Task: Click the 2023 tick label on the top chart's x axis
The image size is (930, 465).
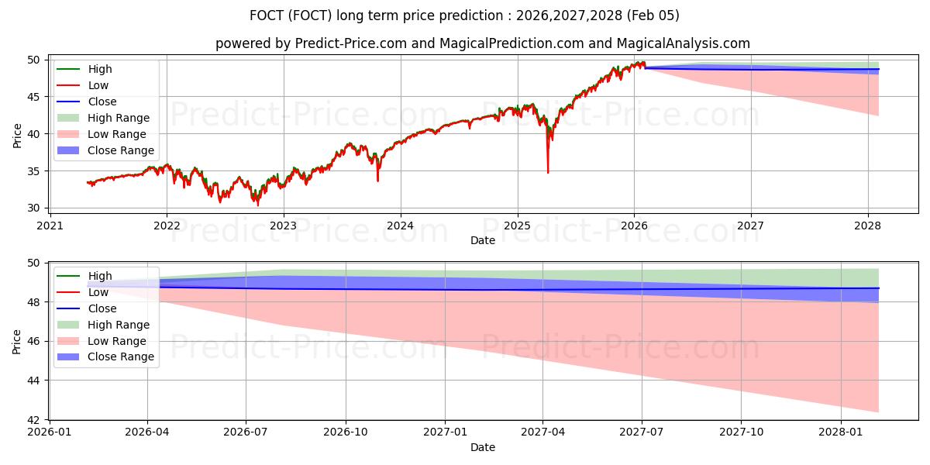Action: click(283, 226)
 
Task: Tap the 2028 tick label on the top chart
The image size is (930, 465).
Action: click(868, 226)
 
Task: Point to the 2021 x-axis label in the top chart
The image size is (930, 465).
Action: click(50, 226)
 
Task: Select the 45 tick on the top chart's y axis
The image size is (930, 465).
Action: click(34, 97)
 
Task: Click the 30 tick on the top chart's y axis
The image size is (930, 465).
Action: click(34, 208)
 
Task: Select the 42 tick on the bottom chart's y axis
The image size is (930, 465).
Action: click(34, 420)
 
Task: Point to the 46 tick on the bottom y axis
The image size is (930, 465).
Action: click(34, 341)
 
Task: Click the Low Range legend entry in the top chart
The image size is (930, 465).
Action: click(116, 134)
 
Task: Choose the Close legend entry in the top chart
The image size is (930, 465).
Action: click(102, 102)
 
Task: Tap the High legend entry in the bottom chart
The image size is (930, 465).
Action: click(100, 276)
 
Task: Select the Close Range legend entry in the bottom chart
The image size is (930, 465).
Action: click(121, 357)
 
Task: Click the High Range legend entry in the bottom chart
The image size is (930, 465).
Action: click(119, 325)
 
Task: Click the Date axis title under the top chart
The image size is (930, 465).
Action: click(482, 240)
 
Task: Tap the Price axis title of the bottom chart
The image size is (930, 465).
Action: click(17, 340)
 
